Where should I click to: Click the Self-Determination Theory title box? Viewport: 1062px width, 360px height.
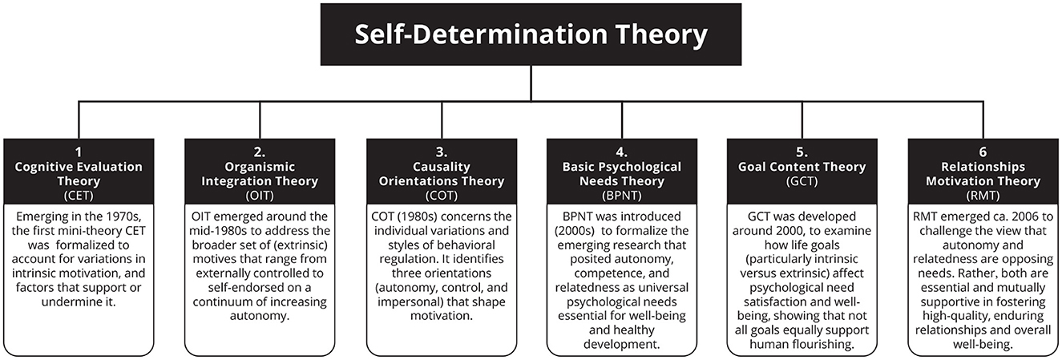coord(531,36)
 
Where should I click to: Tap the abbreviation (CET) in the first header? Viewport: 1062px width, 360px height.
coord(78,194)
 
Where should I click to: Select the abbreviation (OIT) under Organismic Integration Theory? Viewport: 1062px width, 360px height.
coord(259,194)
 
